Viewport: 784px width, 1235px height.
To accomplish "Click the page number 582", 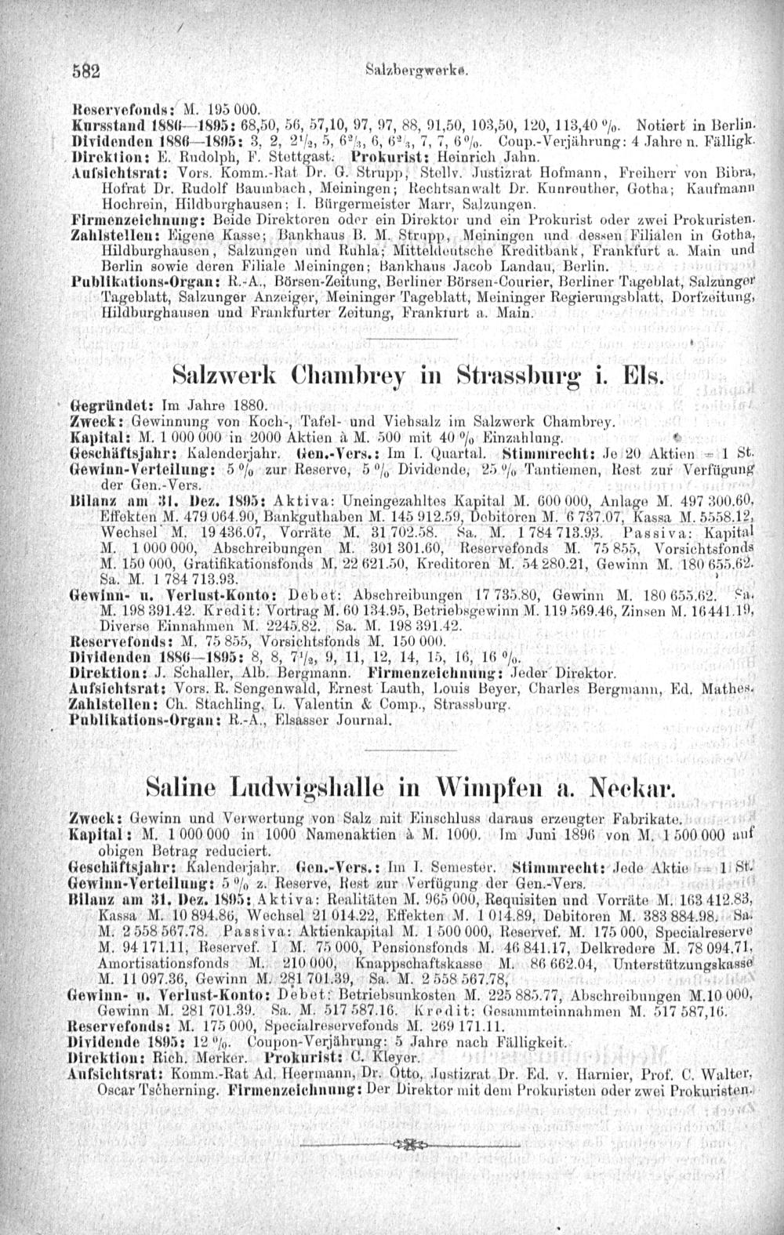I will click(x=85, y=68).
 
